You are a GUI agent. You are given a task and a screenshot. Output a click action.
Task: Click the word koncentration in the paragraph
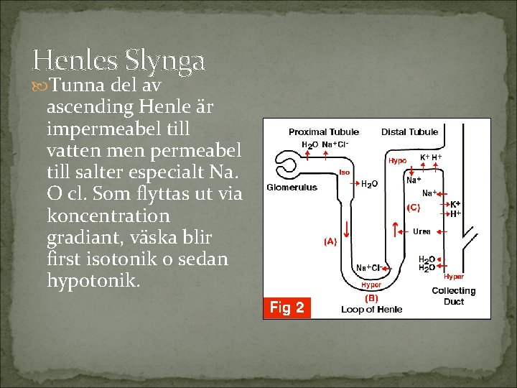tap(108, 216)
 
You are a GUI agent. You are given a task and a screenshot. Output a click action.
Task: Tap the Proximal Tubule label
tap(324, 132)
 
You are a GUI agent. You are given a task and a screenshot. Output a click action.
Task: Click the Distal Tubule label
tap(409, 132)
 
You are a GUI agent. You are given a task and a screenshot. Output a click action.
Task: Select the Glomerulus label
tap(292, 188)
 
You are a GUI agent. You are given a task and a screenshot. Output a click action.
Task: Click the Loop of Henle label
tap(371, 310)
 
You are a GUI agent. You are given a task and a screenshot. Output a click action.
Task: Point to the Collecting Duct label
tap(453, 296)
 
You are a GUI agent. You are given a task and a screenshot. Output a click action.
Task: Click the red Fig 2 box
tap(287, 308)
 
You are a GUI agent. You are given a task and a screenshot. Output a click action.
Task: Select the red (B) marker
tap(371, 297)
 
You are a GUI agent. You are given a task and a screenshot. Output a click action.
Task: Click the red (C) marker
tap(414, 208)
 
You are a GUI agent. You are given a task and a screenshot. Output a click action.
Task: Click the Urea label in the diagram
tap(422, 231)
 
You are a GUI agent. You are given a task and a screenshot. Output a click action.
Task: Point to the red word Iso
tap(345, 172)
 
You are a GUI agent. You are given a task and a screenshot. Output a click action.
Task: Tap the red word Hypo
tap(397, 161)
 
